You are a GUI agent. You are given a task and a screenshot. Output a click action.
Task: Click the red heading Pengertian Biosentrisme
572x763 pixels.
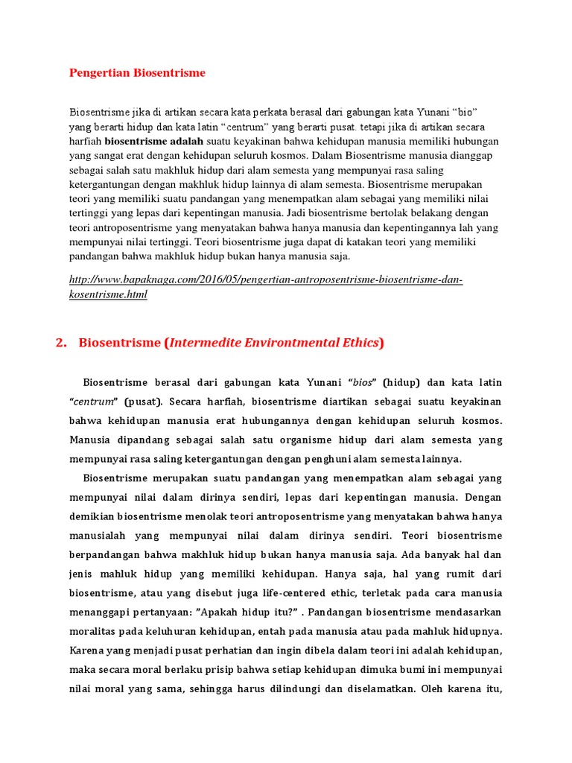pyautogui.click(x=137, y=72)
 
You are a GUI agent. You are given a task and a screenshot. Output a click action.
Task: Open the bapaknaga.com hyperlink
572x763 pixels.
pyautogui.click(x=266, y=287)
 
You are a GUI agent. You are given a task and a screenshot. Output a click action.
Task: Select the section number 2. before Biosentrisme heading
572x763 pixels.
pyautogui.click(x=62, y=343)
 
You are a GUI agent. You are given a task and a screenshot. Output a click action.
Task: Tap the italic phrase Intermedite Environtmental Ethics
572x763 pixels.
pyautogui.click(x=274, y=343)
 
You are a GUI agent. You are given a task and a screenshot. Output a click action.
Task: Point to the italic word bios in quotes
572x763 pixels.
pyautogui.click(x=363, y=382)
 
